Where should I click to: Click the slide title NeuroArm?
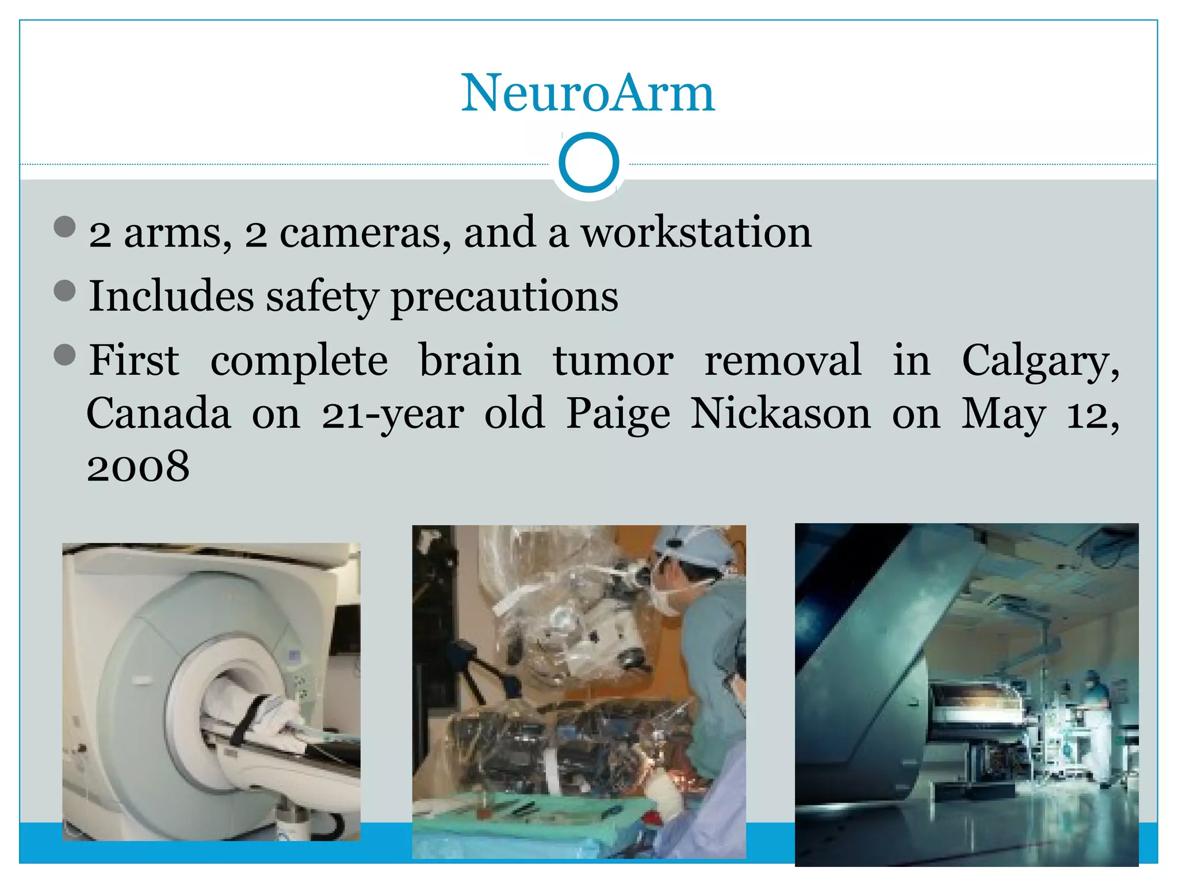588,93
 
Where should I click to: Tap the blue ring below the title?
588,163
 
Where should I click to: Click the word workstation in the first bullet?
696,233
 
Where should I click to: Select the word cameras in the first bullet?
365,234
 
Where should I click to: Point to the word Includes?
171,297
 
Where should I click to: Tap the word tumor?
613,361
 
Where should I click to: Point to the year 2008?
138,467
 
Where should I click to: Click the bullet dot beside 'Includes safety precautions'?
64,291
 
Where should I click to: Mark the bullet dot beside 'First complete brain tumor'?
64,355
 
